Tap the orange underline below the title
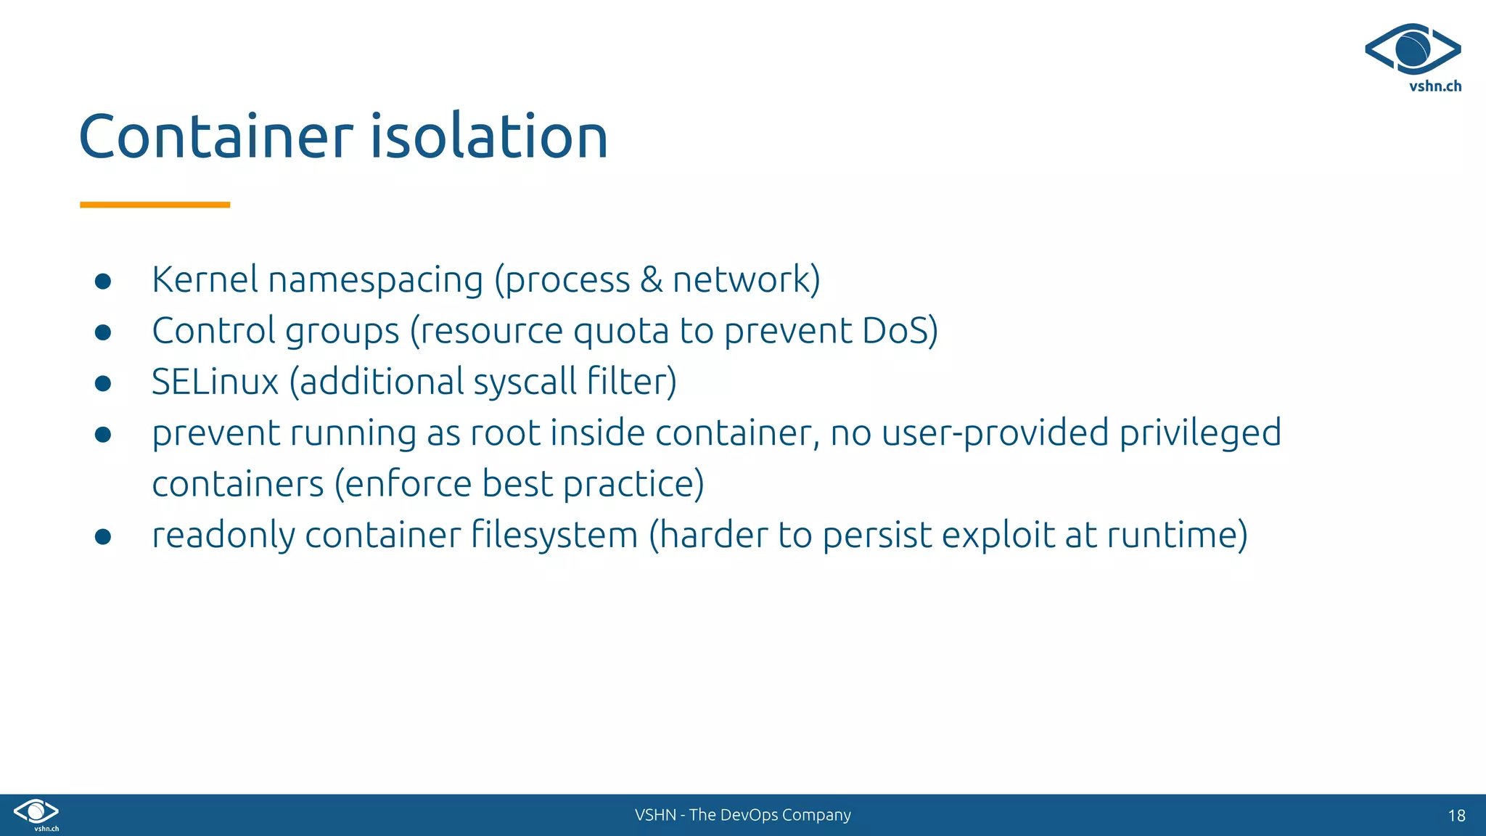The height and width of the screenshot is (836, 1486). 155,205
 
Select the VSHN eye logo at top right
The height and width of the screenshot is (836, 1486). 1413,49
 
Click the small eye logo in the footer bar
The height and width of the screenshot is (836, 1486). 36,812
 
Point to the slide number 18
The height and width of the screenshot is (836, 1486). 1456,816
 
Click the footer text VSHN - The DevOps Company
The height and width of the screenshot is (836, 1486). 742,815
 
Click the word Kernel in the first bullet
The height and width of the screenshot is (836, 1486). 205,279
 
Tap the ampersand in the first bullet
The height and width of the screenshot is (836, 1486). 651,280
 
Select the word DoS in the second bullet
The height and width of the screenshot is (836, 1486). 896,331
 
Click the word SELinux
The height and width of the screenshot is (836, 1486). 215,382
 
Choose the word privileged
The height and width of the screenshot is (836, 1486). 1200,434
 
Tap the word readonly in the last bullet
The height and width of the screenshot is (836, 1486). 223,536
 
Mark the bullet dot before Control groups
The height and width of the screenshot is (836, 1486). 103,332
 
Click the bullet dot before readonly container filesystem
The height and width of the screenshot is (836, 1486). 103,536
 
